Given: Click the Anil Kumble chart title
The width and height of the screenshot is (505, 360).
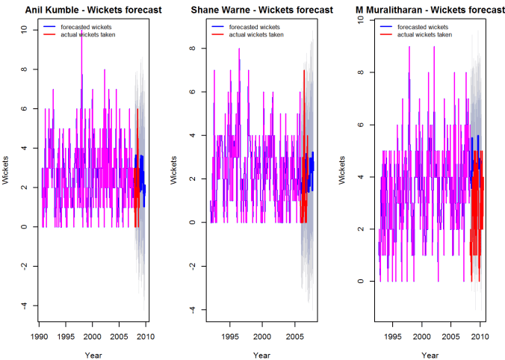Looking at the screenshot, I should pos(90,10).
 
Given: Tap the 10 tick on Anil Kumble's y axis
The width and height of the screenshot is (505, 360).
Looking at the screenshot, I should pos(24,30).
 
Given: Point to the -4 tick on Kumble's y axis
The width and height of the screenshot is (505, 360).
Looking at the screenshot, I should pos(24,305).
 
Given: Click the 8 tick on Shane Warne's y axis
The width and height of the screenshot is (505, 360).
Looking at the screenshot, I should pos(192,49).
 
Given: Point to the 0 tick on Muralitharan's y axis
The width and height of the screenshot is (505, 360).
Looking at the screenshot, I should pos(361,282).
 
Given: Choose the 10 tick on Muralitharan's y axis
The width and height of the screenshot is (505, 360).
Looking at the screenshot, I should pos(361,20).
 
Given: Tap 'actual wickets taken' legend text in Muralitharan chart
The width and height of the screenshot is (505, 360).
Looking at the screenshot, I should pos(424,34).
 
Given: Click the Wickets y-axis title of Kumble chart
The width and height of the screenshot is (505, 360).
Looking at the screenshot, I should pos(8,168).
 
